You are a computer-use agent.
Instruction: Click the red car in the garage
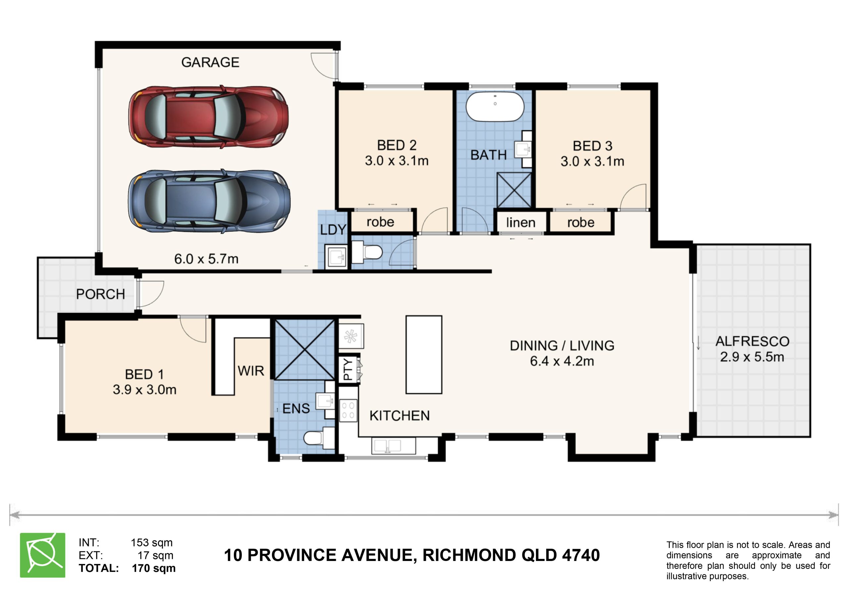click(208, 117)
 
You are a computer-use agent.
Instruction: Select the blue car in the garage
click(209, 201)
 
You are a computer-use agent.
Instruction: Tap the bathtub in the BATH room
click(495, 106)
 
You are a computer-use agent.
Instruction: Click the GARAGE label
click(210, 62)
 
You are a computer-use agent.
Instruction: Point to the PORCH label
click(100, 294)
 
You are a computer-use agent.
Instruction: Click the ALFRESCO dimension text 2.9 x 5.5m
click(752, 357)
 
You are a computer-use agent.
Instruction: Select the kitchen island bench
click(424, 355)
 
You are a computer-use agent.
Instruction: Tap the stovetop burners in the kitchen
click(348, 410)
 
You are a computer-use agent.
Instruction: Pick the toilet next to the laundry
click(367, 252)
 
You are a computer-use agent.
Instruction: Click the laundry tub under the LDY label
click(336, 256)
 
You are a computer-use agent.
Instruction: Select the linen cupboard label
click(521, 222)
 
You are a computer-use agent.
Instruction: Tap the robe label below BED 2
click(380, 222)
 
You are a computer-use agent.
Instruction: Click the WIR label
click(251, 371)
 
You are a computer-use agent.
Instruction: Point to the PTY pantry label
click(348, 369)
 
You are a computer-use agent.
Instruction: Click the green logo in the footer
click(42, 555)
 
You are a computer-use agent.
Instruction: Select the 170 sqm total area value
click(154, 568)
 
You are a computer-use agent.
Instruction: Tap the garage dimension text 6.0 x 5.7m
click(206, 259)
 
